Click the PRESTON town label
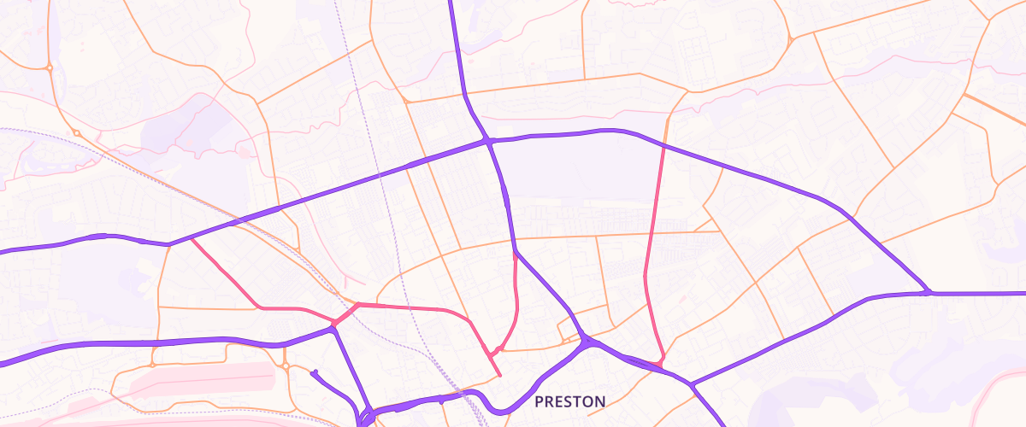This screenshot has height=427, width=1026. click(x=569, y=401)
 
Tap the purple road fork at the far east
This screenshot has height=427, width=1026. click(x=927, y=293)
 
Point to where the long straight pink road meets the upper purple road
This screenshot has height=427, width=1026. click(x=664, y=146)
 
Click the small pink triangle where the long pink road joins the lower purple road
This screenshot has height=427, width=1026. click(x=658, y=365)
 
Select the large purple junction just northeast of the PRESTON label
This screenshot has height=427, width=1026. click(x=587, y=342)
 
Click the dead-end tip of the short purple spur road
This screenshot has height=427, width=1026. click(x=314, y=372)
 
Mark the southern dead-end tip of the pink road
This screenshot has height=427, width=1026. click(x=499, y=375)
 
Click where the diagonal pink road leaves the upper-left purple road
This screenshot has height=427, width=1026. click(x=190, y=239)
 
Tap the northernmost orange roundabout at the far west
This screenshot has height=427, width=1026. click(x=50, y=67)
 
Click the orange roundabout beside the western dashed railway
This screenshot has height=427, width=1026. click(x=76, y=132)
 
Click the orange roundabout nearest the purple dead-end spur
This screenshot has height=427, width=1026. click(x=286, y=367)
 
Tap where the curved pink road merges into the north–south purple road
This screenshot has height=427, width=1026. click(x=515, y=254)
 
